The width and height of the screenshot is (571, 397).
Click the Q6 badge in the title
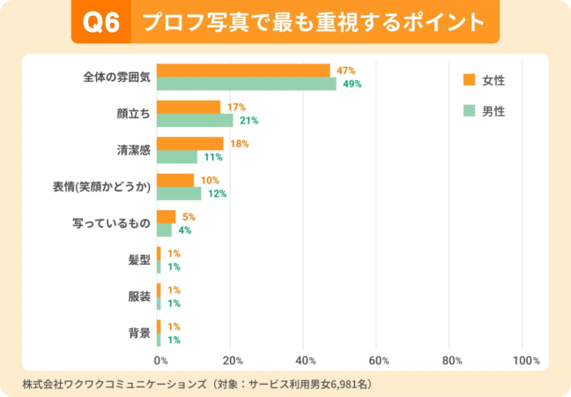pos(100,21)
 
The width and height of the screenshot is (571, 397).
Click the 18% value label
pos(239,143)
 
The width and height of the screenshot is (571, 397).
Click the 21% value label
pos(248,121)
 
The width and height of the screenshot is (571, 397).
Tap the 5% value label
pos(188,216)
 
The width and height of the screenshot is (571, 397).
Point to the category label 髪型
pos(139,260)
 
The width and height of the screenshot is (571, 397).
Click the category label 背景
pos(139,333)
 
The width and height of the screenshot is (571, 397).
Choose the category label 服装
pos(139,296)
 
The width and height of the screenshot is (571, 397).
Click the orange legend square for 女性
pos(469,80)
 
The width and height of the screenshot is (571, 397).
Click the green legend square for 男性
pos(469,111)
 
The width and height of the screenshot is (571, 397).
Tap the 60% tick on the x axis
pos(379,361)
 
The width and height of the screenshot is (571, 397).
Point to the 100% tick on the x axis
pos(525,361)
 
